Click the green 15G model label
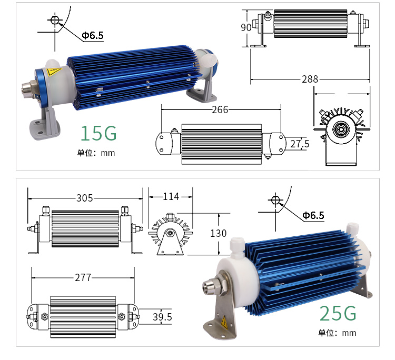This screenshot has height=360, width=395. click(x=98, y=133)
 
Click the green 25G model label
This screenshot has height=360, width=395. click(x=338, y=313)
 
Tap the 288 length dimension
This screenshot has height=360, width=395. click(x=310, y=79)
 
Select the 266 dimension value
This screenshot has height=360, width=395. click(x=220, y=109)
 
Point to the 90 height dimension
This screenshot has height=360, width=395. click(x=246, y=27)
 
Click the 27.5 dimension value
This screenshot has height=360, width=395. click(x=300, y=144)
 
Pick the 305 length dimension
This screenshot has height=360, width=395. click(x=85, y=198)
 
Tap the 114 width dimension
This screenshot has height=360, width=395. click(x=171, y=196)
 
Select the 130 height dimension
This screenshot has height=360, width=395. click(x=219, y=233)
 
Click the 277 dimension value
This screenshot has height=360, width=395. click(x=83, y=278)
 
